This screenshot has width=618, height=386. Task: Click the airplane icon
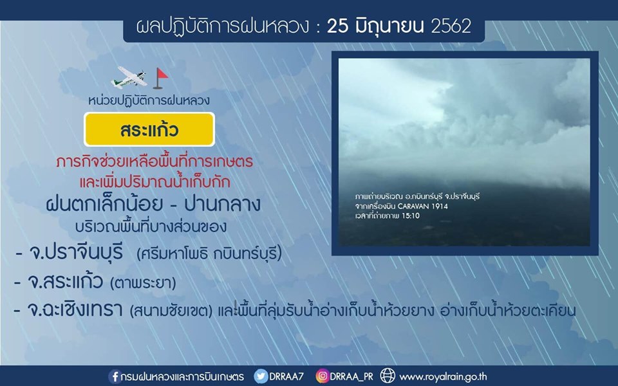tap(129, 77)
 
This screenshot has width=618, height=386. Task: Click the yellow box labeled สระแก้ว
tap(149, 129)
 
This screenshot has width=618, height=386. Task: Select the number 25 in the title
tap(338, 26)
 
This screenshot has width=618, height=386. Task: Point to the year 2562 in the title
tap(451, 26)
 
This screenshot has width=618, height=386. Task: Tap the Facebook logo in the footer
tap(115, 376)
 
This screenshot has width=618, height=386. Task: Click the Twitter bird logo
tap(261, 376)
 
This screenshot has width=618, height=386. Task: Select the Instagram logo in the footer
tap(322, 376)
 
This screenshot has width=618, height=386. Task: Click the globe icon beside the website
tap(388, 376)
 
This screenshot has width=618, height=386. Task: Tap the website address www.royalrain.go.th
tap(443, 377)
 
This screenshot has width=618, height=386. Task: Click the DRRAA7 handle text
tap(286, 376)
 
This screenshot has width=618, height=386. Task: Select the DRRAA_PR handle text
tap(351, 377)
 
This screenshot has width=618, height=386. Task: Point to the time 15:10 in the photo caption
tap(410, 216)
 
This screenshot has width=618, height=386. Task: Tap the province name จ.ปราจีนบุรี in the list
tap(76, 253)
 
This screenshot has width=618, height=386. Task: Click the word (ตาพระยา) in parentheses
tap(143, 283)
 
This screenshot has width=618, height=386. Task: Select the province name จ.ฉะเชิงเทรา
tap(75, 309)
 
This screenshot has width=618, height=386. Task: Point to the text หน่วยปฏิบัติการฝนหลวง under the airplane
tap(149, 100)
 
